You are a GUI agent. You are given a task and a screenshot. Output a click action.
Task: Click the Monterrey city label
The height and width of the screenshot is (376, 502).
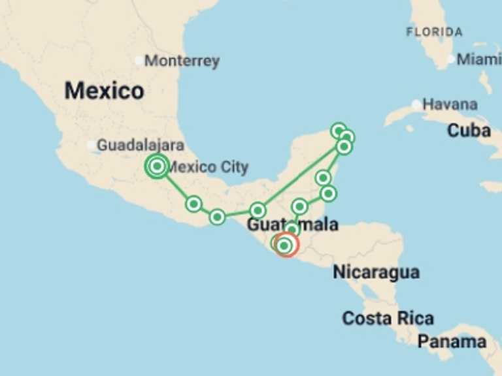pos(182,61)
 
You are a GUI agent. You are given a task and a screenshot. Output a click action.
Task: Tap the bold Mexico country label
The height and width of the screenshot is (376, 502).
pos(104,91)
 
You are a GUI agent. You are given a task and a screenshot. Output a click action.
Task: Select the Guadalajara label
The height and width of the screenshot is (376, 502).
pos(140,146)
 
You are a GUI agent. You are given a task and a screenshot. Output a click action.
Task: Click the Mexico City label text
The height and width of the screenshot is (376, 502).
pos(208,167)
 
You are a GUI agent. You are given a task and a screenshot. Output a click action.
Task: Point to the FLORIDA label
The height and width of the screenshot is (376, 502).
pos(434,32)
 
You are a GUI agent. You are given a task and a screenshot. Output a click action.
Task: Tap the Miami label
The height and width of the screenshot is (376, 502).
pos(478,59)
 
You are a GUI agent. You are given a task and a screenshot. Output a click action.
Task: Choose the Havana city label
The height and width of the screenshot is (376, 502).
pos(450,104)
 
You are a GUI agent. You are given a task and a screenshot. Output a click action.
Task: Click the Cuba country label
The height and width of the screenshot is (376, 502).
pos(469,131)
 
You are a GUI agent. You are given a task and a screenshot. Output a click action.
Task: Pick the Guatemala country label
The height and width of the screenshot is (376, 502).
pos(292,225)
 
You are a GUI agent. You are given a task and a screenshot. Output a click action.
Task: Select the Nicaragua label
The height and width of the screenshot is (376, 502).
pos(376,272)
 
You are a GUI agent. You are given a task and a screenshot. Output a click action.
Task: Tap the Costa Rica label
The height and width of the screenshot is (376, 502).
pos(388,319)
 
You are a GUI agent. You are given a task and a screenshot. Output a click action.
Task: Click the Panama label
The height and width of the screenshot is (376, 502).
pos(452,341)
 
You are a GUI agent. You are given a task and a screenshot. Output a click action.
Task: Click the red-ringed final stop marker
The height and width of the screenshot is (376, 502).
pos(286,245)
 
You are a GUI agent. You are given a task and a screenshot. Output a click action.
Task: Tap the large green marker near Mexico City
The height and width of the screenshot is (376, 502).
pos(157,166)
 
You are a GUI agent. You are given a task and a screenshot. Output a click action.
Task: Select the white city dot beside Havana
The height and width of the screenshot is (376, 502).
pos(416,104)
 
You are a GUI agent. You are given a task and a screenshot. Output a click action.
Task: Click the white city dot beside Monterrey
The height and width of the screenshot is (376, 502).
pos(138,61)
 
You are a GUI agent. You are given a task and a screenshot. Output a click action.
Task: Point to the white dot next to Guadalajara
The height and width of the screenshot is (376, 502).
pos(91,146)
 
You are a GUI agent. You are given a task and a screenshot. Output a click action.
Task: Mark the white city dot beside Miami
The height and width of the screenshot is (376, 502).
pos(450,59)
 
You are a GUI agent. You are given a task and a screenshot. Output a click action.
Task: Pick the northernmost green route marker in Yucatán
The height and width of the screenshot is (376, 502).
pos(338,131)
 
